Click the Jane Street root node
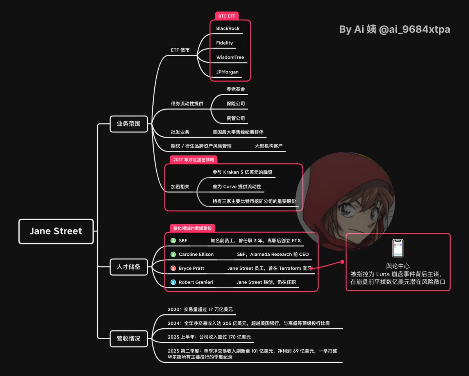coord(56,231)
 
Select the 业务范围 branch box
coord(129,124)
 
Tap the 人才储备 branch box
coord(129,267)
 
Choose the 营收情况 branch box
coord(129,339)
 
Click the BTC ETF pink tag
coord(227,16)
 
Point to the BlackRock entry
coord(228,29)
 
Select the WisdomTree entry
coord(230,57)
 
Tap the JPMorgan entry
coord(227,72)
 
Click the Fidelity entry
coord(224,43)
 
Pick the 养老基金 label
coord(236,89)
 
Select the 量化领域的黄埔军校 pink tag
coord(192,228)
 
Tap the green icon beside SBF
coord(173,241)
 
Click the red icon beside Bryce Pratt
coord(173,268)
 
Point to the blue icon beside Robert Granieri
coord(173,282)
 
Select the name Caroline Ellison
coord(196,254)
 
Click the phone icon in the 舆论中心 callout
coord(398,248)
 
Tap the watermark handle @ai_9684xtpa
coord(414,30)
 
